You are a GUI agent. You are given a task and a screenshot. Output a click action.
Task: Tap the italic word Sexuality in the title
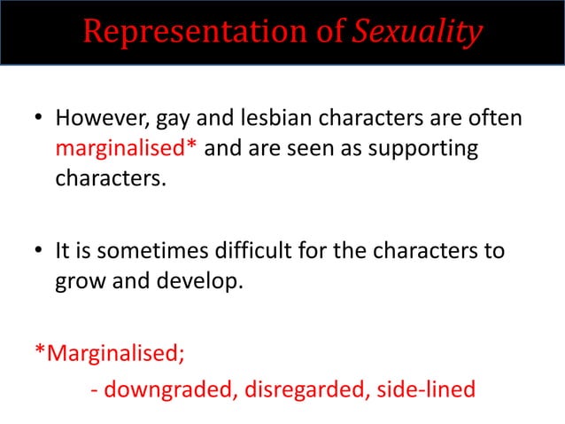418,32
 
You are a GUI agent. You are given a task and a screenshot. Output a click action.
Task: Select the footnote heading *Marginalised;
110,356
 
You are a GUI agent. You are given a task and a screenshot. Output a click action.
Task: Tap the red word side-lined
425,388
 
